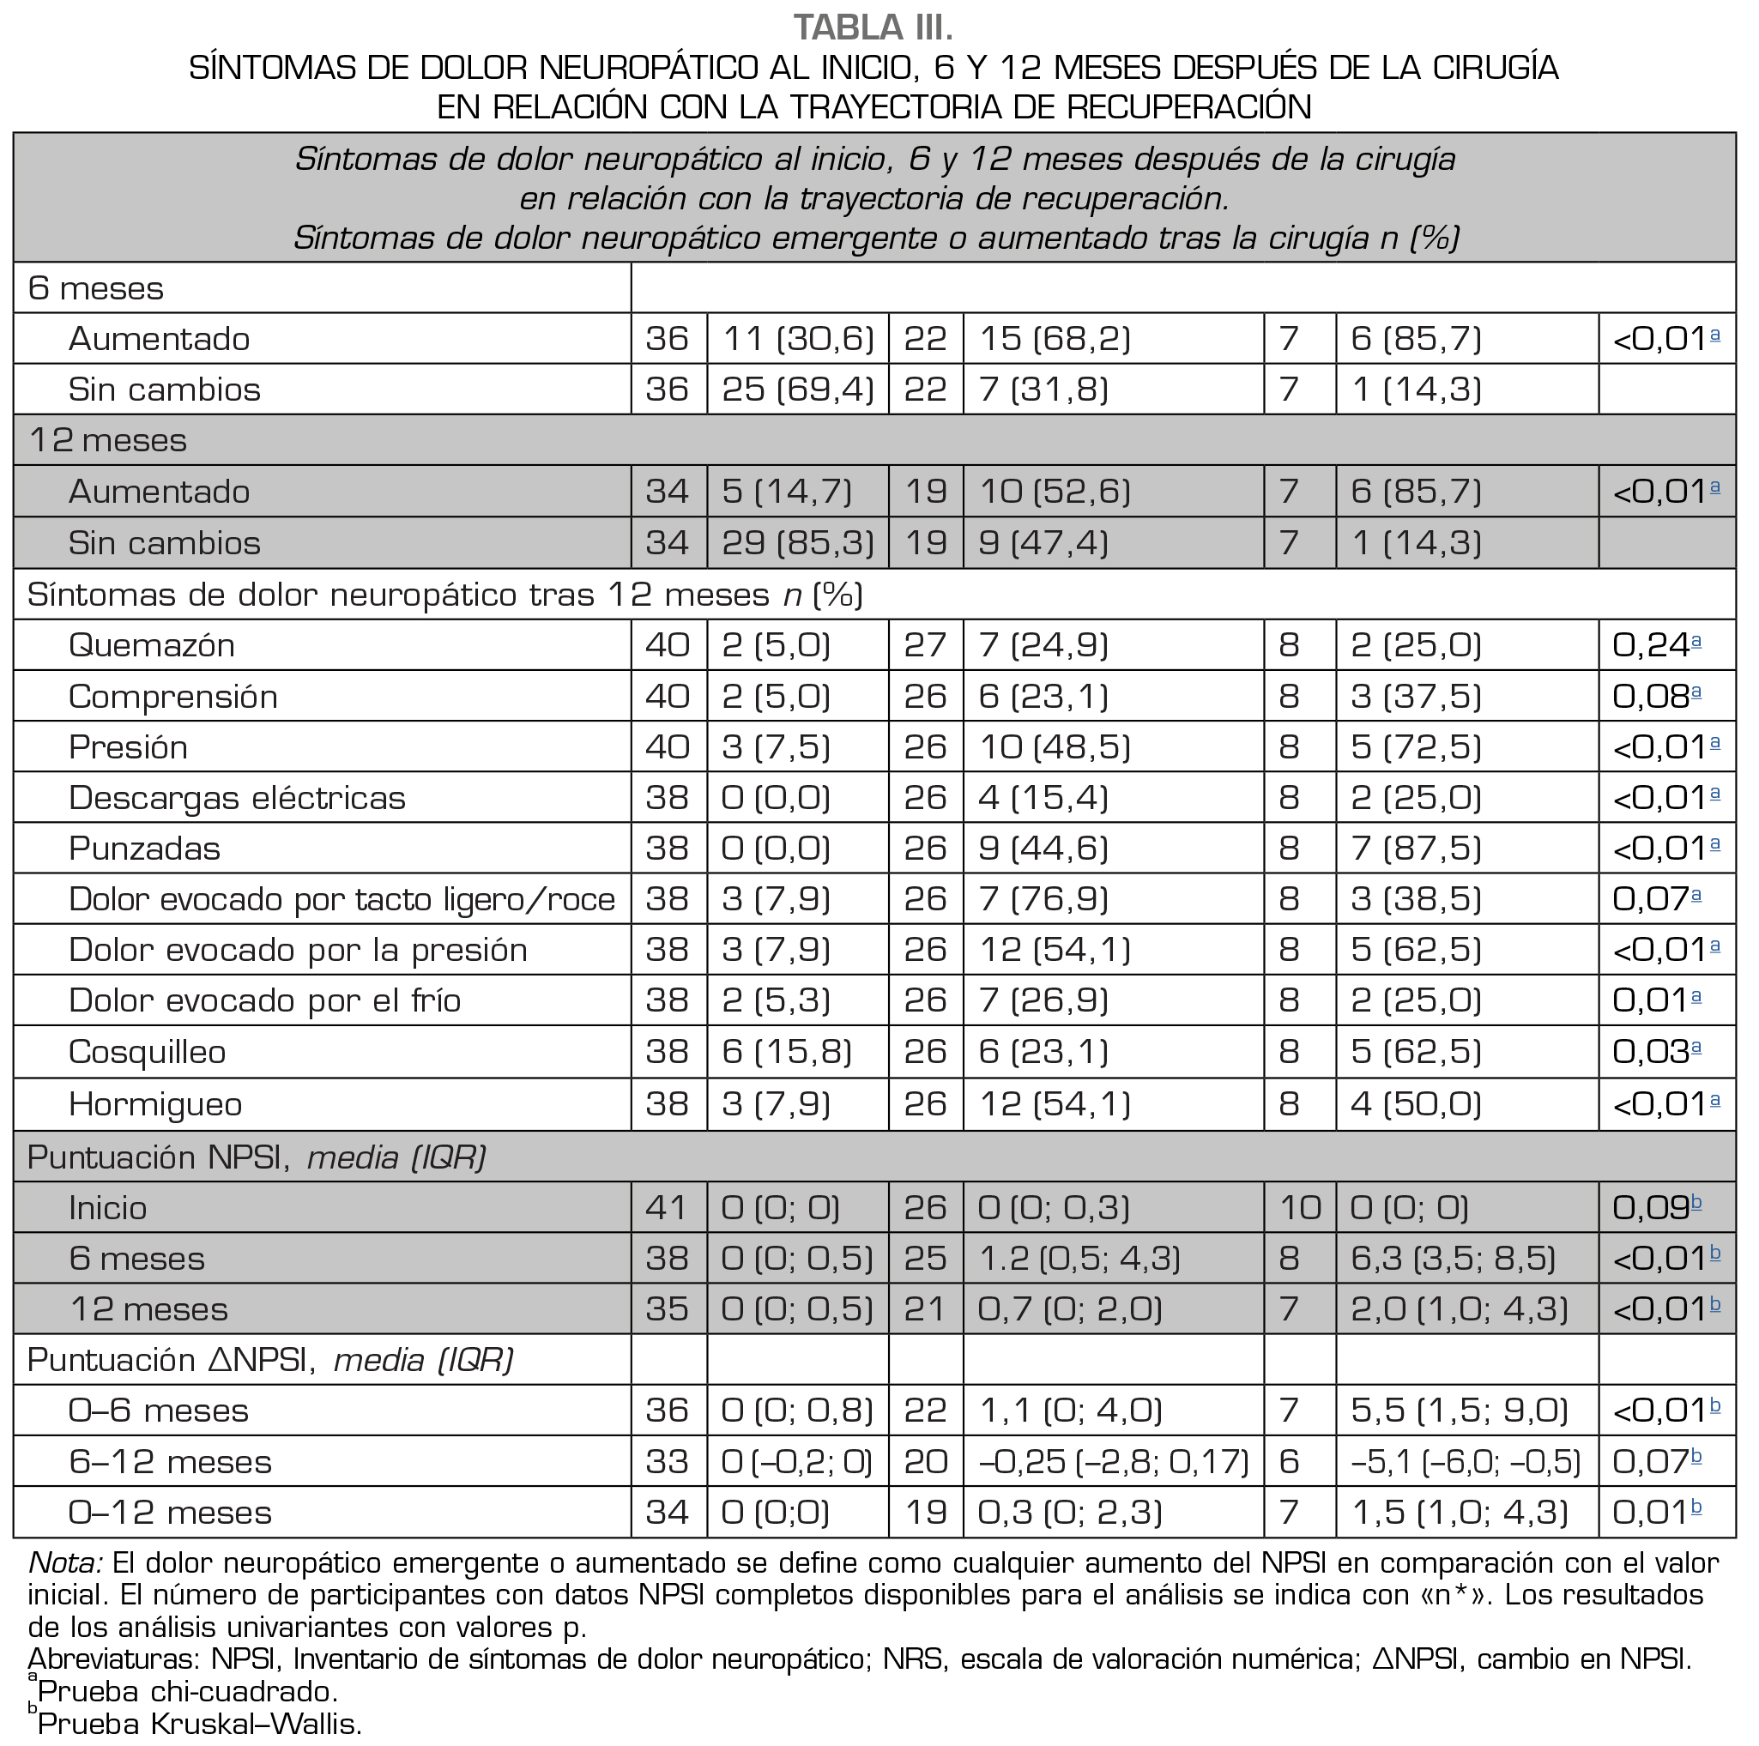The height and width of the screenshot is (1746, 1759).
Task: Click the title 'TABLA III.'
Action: click(873, 27)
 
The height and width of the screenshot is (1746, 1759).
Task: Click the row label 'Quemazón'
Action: click(151, 645)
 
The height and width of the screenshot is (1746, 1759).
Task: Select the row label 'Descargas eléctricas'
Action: click(237, 798)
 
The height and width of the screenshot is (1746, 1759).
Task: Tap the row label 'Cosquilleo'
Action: click(147, 1053)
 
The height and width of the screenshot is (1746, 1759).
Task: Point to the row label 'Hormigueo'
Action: click(154, 1105)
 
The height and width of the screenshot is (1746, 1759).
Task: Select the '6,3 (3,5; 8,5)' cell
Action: click(1453, 1259)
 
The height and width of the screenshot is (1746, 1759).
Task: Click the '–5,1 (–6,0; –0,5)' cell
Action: click(1466, 1462)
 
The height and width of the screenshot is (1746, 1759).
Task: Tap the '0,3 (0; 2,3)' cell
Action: click(1070, 1513)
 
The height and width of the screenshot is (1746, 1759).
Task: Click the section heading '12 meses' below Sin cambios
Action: click(107, 441)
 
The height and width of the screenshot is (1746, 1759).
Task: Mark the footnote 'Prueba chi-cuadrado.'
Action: click(188, 1691)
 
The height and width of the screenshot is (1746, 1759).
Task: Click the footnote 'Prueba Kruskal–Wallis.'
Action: click(199, 1725)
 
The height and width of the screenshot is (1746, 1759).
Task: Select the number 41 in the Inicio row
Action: click(667, 1208)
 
